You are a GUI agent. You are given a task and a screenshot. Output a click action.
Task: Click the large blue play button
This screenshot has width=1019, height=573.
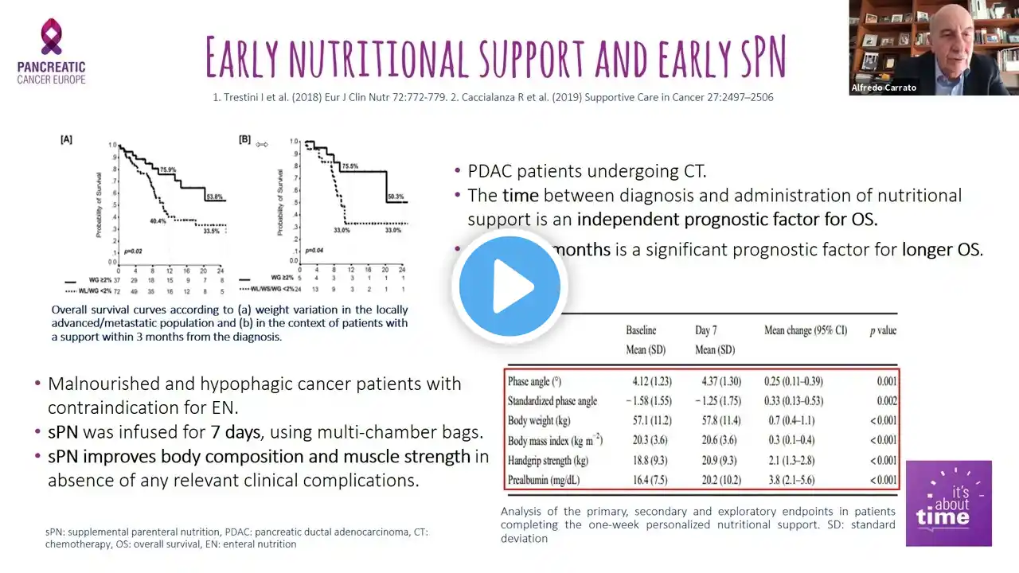[x=509, y=286]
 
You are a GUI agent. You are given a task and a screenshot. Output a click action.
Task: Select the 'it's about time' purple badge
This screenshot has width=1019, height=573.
[x=948, y=503]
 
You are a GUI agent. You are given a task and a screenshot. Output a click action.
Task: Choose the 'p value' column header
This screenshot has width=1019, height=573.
[x=882, y=330]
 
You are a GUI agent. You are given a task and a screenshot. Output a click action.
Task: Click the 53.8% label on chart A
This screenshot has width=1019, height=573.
[x=215, y=197]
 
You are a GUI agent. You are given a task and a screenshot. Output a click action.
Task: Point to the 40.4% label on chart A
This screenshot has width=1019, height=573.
[x=158, y=221]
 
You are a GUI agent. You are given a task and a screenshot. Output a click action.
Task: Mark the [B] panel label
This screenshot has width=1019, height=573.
[x=244, y=139]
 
